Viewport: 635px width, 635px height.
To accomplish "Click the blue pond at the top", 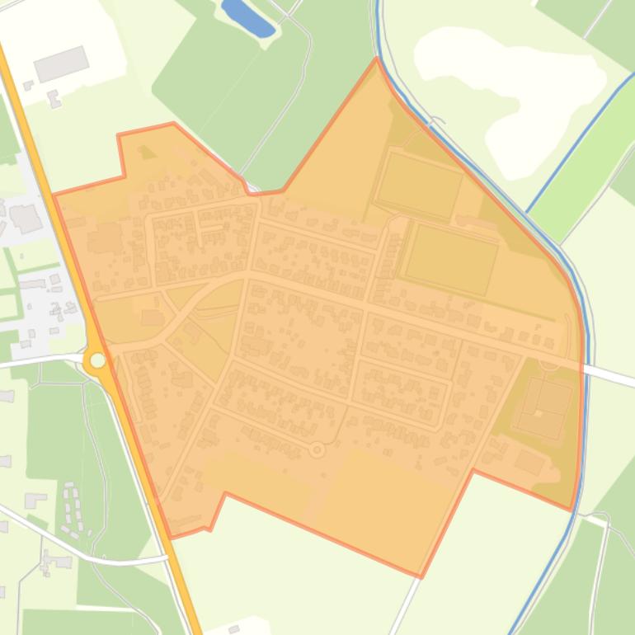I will coord(247,17).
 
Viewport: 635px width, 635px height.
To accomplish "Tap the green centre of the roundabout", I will coord(98,360).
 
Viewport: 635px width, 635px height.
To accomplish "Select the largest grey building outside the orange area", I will coord(61,63).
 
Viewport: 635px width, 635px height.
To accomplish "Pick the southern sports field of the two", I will coord(451,259).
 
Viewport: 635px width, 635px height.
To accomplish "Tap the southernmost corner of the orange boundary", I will coord(421,576).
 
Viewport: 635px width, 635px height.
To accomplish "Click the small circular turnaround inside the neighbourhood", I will coord(317,449).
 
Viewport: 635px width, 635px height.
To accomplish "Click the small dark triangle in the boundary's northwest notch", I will coord(147,153).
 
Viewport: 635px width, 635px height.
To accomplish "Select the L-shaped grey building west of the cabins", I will coord(35,500).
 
